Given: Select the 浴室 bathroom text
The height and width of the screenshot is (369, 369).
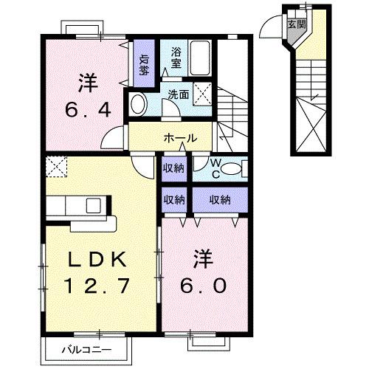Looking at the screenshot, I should [176, 58].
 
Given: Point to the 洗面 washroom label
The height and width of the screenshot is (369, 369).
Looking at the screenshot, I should [177, 94].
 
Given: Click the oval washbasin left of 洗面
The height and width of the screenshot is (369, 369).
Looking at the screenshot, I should [137, 103].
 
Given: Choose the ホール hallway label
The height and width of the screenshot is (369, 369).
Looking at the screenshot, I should [179, 137].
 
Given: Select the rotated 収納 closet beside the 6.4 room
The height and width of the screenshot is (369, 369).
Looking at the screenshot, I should [144, 65].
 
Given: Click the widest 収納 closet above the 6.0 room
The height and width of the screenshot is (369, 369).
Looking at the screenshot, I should [218, 199].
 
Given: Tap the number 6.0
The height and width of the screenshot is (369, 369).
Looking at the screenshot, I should [205, 283].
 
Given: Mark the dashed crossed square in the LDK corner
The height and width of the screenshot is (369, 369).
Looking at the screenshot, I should [55, 168].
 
